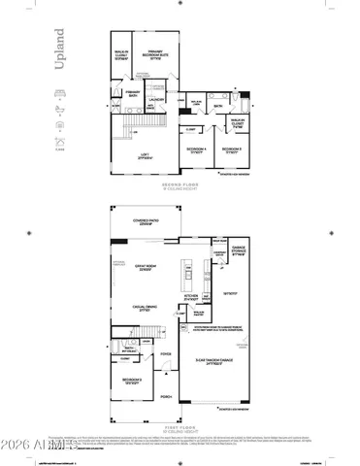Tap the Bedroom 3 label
tap(232, 150)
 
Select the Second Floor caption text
tap(179, 183)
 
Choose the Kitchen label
tap(192, 297)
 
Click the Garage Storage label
tap(238, 251)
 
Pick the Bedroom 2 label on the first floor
tap(133, 381)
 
